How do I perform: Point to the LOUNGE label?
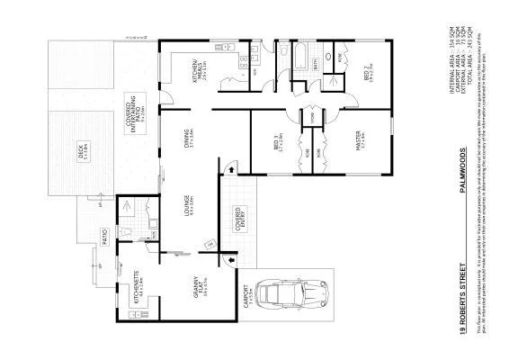pos(187,207)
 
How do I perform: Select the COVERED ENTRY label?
pos(237,220)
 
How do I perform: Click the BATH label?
pos(316,63)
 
